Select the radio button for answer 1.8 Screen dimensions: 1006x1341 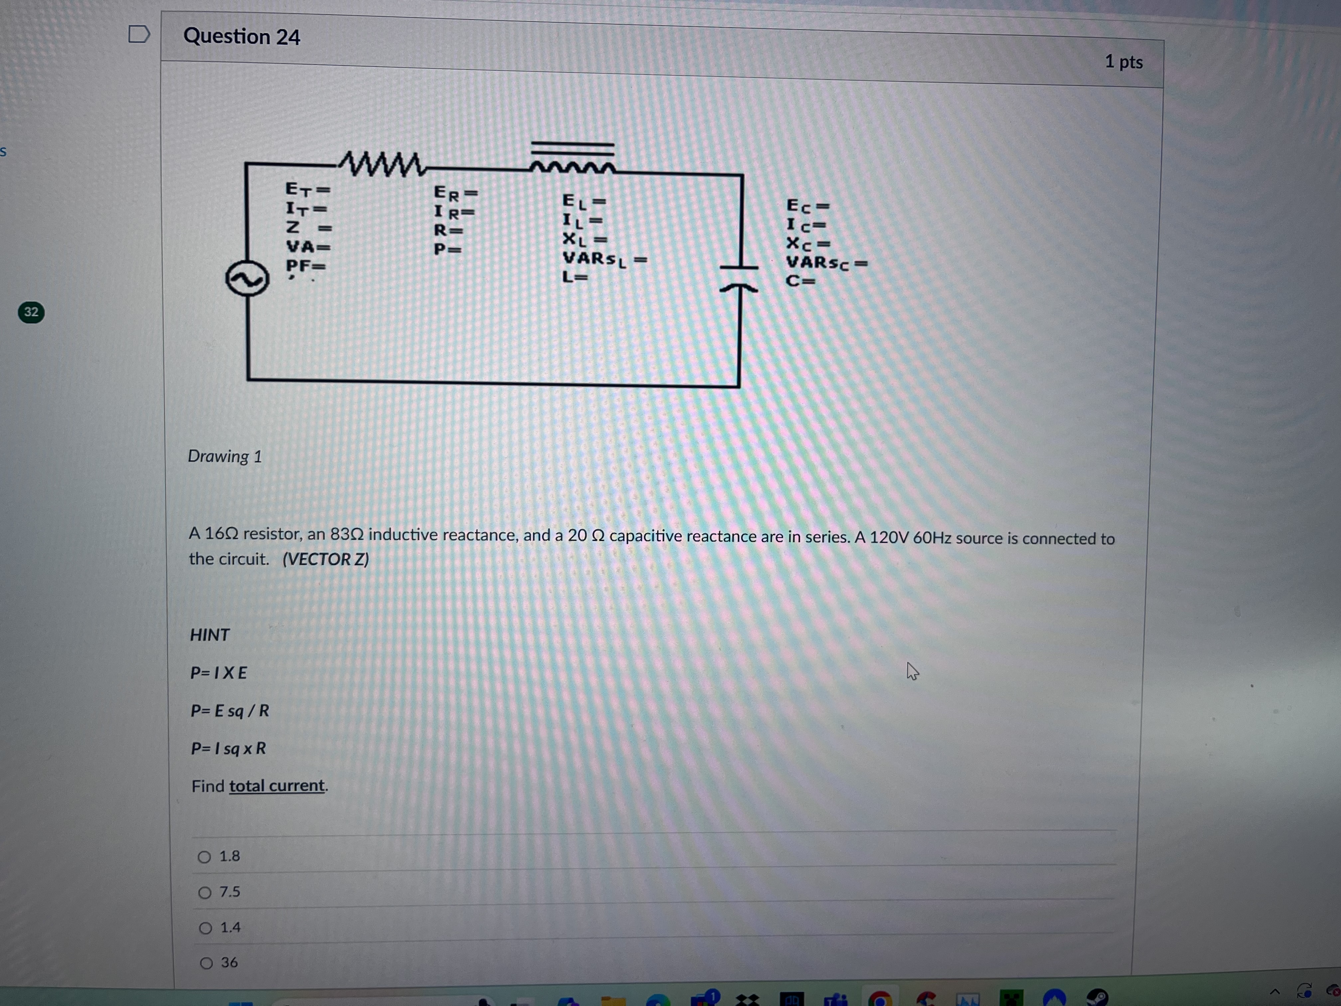[x=204, y=857]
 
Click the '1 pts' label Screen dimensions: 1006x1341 [x=1123, y=62]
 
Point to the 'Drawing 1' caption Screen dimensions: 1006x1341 [x=224, y=456]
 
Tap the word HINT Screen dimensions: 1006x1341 [x=210, y=635]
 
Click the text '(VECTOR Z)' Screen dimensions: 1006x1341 [x=326, y=559]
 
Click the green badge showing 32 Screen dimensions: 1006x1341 [x=31, y=312]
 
